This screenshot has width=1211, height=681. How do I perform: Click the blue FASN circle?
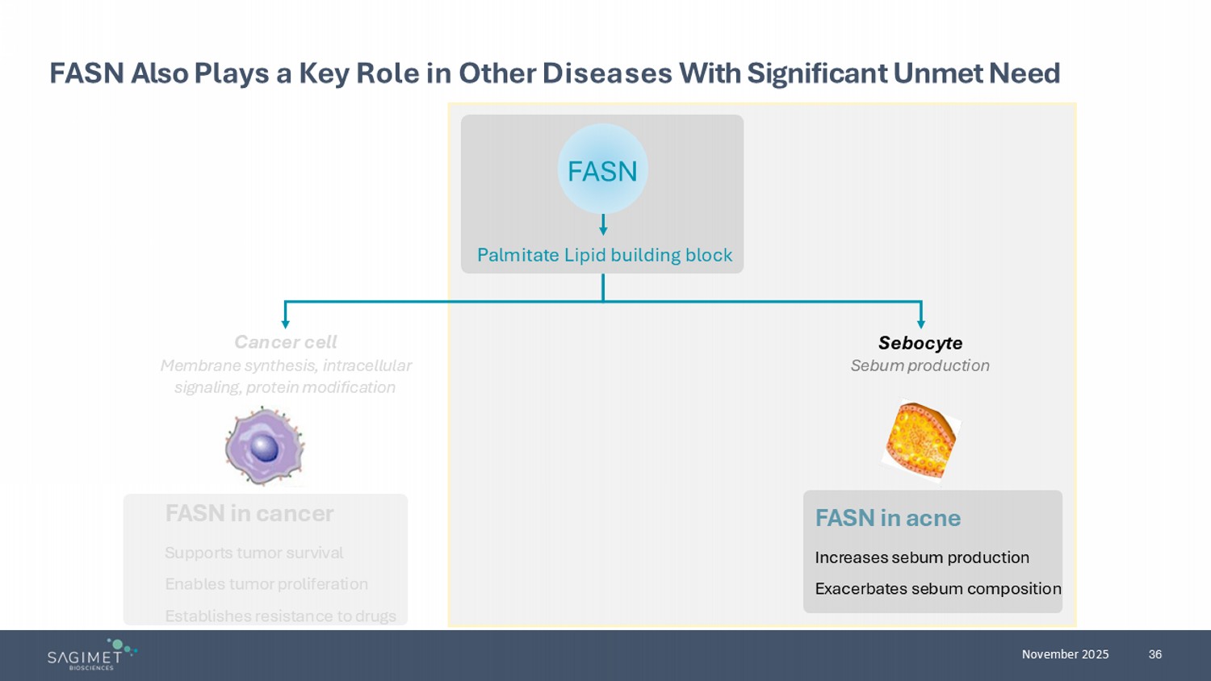coord(602,169)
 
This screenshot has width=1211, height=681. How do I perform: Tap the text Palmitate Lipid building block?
coord(605,255)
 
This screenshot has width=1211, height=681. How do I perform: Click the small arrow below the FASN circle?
coord(603,225)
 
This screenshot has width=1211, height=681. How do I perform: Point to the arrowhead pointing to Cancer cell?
coord(285,324)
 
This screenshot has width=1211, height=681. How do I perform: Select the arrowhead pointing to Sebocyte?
coord(921,324)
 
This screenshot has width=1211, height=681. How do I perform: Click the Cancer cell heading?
coord(285,342)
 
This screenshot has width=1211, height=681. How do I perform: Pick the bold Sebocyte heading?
coord(920,343)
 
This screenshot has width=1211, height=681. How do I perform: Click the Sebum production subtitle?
coord(920,366)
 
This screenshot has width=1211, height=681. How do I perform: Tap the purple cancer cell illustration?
coord(264,446)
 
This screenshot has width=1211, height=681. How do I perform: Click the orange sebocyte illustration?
coord(920,441)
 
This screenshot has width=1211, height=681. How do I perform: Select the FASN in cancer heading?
coord(249,513)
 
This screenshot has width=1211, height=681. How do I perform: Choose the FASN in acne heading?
coord(887,518)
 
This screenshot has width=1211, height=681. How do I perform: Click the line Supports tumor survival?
coord(254,553)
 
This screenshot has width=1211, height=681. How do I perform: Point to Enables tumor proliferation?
coord(266,584)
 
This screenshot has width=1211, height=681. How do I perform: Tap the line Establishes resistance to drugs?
coord(280,616)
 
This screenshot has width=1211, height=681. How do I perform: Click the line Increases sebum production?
coord(922,558)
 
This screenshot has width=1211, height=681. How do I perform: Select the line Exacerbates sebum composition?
coord(937,589)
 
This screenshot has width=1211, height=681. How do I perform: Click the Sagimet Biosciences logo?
coord(91,654)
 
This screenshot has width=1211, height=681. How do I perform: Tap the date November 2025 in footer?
coord(1065,654)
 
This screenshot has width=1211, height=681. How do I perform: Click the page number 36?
coord(1155,654)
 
